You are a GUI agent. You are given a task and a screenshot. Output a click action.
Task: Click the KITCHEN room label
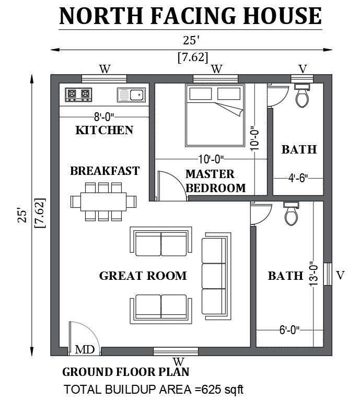[x=104, y=130]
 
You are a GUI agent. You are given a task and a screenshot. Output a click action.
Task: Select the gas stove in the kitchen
[x=78, y=95]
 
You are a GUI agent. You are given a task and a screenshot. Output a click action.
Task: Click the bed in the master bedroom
[x=215, y=115]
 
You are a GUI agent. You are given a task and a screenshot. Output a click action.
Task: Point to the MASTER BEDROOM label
[x=215, y=181]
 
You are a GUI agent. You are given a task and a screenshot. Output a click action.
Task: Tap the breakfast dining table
[x=103, y=201]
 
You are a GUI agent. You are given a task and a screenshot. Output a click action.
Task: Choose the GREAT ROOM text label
[x=143, y=276]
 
